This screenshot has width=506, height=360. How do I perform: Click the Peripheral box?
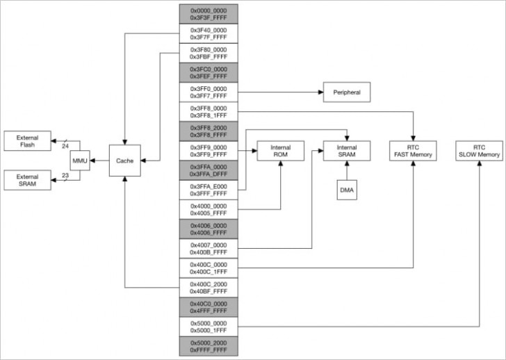(346, 92)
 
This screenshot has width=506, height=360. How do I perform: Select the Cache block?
(125, 161)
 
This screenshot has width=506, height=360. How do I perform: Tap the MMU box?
(80, 161)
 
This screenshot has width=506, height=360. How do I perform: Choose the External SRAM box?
(28, 180)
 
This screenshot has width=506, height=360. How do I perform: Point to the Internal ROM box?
(281, 152)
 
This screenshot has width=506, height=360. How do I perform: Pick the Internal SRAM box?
(347, 152)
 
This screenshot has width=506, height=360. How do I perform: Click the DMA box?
(347, 190)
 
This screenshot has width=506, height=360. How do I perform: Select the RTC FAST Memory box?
(414, 151)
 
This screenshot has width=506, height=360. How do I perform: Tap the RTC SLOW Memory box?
(478, 151)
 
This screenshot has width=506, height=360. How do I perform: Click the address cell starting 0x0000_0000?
(209, 14)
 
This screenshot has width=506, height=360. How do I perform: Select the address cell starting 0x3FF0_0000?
(209, 92)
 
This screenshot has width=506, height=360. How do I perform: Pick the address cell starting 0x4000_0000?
(209, 209)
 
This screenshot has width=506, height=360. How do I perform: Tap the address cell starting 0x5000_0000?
(209, 327)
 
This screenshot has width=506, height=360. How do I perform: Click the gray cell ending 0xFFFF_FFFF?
(209, 346)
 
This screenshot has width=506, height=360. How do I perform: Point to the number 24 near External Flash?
(65, 146)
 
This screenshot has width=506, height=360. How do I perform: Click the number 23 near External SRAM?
(65, 176)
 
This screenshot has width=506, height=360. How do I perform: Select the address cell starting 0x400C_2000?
(209, 288)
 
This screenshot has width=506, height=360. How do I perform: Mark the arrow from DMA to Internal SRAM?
(347, 172)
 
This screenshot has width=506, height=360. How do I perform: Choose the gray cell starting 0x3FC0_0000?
(209, 73)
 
